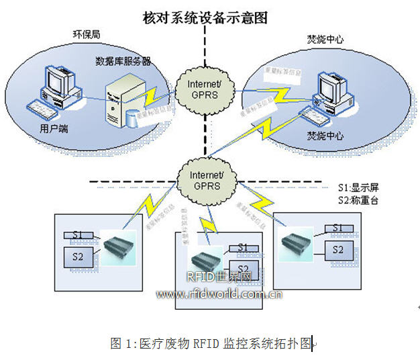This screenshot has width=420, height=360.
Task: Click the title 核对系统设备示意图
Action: [205, 18]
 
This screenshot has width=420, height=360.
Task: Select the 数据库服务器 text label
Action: [123, 61]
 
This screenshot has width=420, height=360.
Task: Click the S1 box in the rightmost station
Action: [337, 228]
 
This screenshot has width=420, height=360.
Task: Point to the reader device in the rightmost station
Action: [297, 240]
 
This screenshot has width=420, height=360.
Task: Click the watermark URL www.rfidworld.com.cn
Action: [219, 294]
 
